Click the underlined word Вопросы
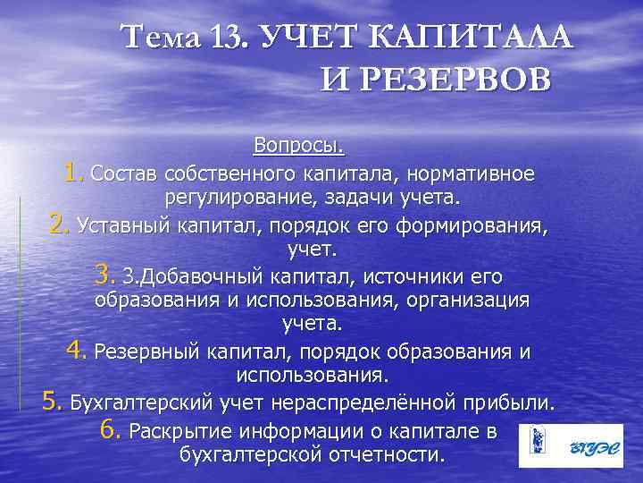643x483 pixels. coord(298,145)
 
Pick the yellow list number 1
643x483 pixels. coord(74,170)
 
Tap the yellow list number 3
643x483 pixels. coord(104,274)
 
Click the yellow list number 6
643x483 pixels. coord(111,429)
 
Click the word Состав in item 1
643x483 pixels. coord(121,172)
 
